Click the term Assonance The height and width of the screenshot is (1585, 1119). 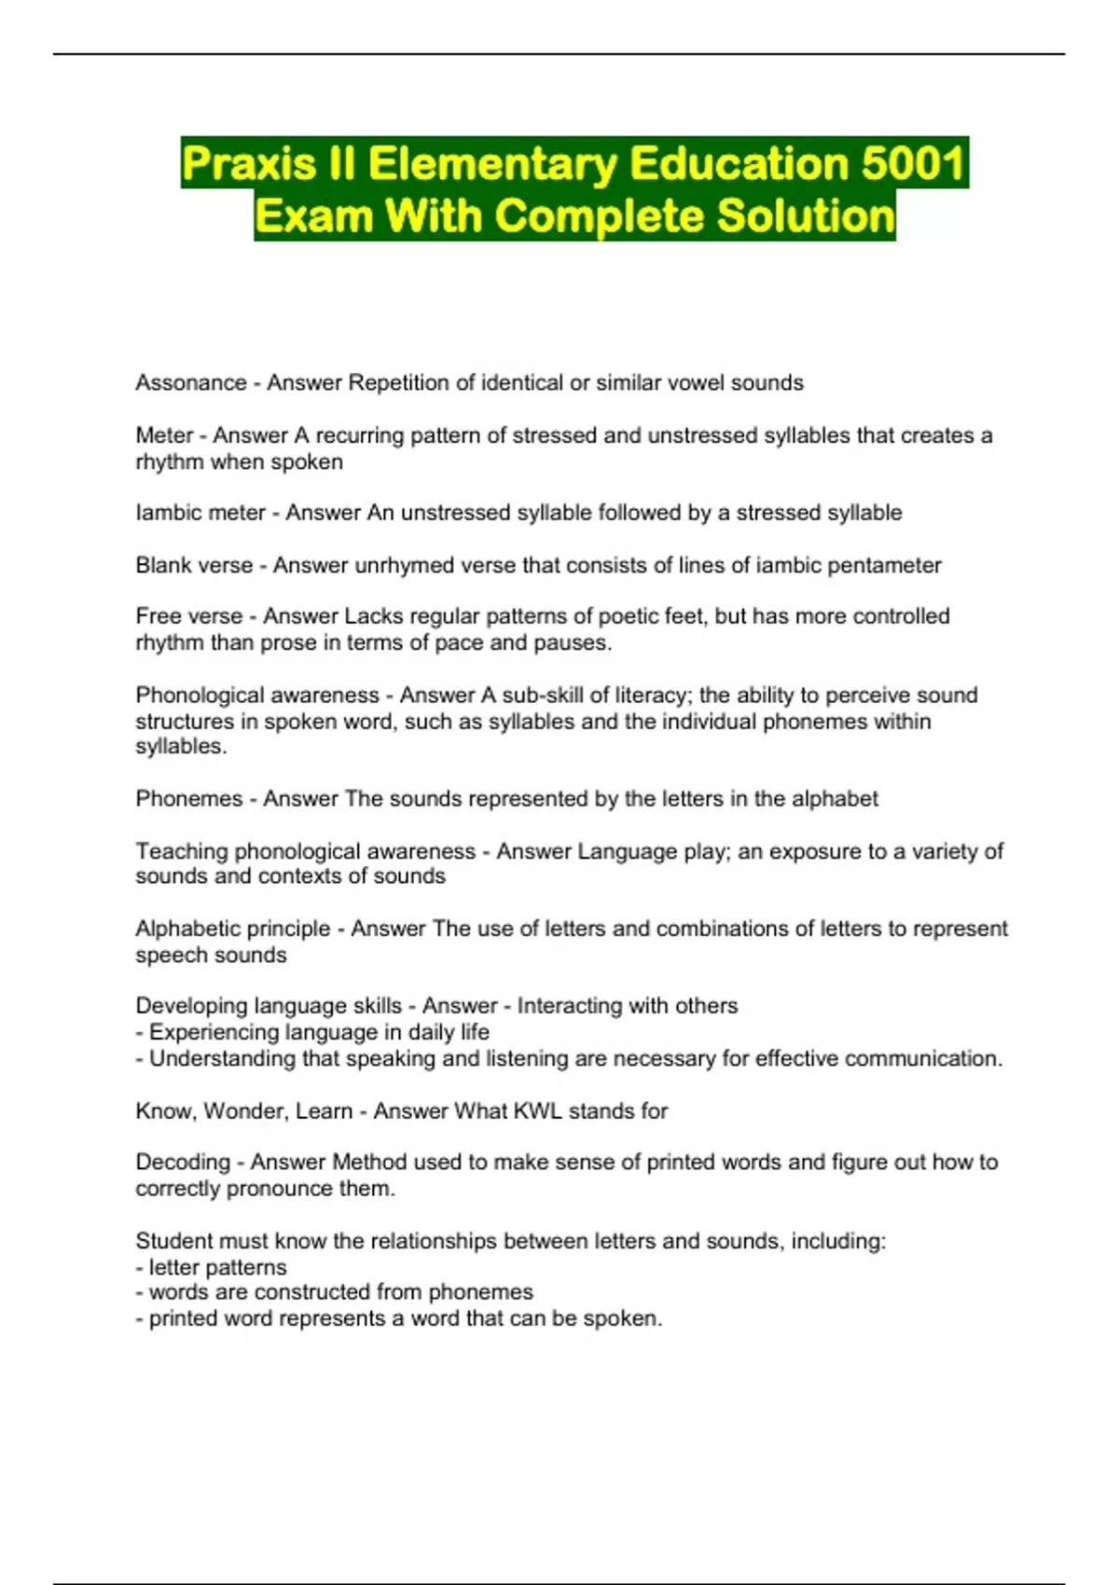191,383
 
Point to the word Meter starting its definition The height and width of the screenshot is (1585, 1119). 164,435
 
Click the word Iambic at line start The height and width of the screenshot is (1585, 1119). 167,513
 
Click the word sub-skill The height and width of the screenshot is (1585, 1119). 543,696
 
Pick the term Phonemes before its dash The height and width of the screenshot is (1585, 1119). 189,799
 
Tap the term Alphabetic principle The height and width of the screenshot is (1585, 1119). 233,929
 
